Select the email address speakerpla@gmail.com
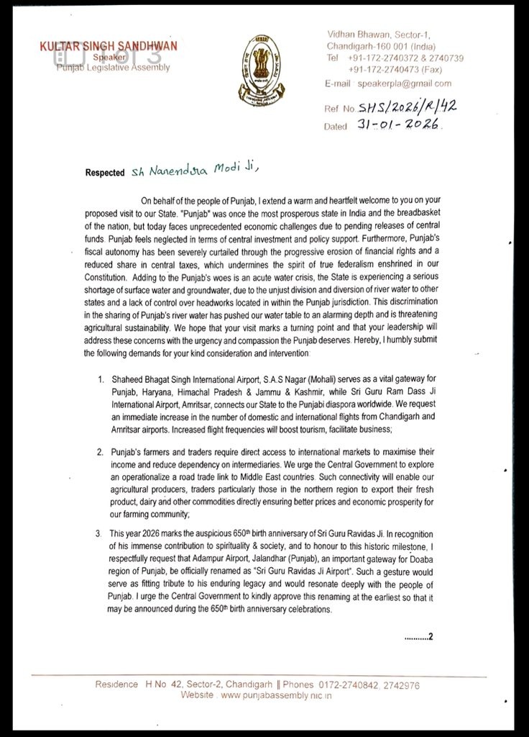405,83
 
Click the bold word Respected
105,173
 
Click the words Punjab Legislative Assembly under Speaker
114,68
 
